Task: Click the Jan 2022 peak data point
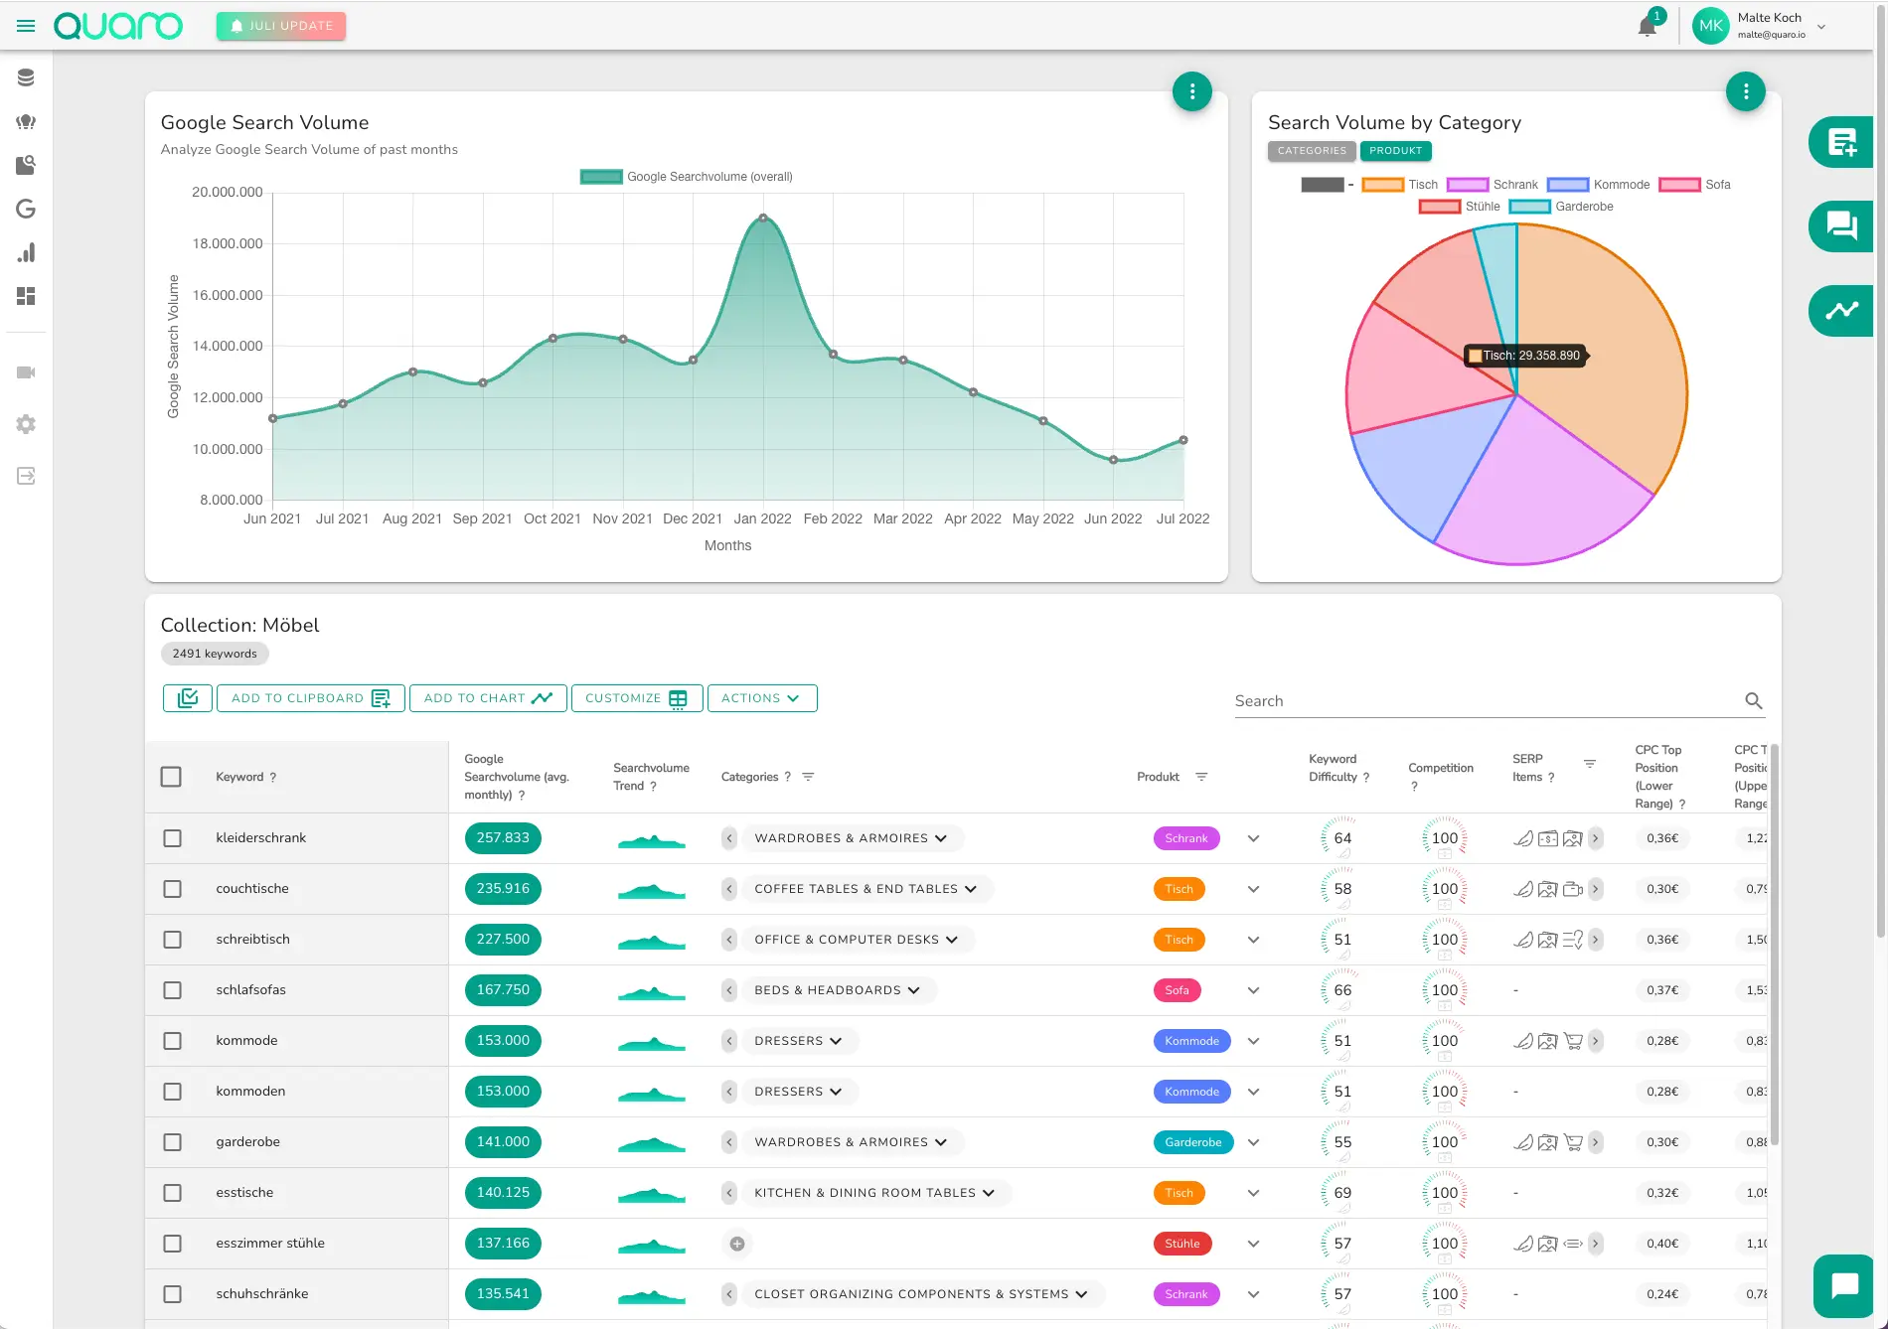point(763,218)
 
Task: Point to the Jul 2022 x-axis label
point(1182,518)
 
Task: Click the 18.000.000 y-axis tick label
point(228,243)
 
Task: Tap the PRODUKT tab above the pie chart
point(1395,151)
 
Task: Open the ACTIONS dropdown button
point(761,698)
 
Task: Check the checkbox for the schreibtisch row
point(172,940)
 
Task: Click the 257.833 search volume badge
point(503,838)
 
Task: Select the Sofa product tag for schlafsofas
point(1177,990)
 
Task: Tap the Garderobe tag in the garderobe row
point(1192,1142)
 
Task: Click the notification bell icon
point(1647,27)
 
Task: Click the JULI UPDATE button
point(281,26)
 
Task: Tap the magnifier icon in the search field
point(1754,700)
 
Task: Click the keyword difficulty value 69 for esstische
point(1342,1193)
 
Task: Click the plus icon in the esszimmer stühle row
point(737,1244)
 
